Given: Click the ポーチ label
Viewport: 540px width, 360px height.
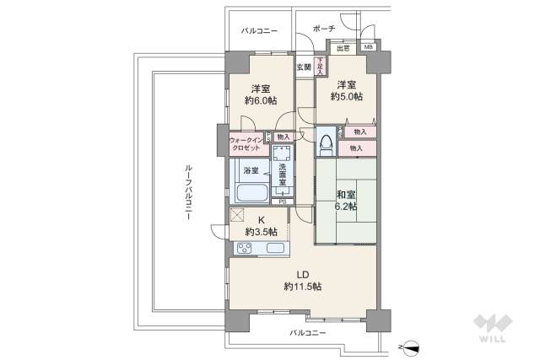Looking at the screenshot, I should (323, 29).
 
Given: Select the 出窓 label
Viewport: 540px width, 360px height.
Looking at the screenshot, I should (344, 49).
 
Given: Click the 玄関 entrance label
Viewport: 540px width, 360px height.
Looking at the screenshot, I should (303, 67).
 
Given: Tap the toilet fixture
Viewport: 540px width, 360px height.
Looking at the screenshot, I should (326, 145).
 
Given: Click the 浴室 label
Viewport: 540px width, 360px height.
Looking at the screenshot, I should (251, 170).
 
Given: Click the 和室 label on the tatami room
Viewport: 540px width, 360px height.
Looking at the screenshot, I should (346, 191).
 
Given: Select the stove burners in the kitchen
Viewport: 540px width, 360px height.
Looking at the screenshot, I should (244, 248).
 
